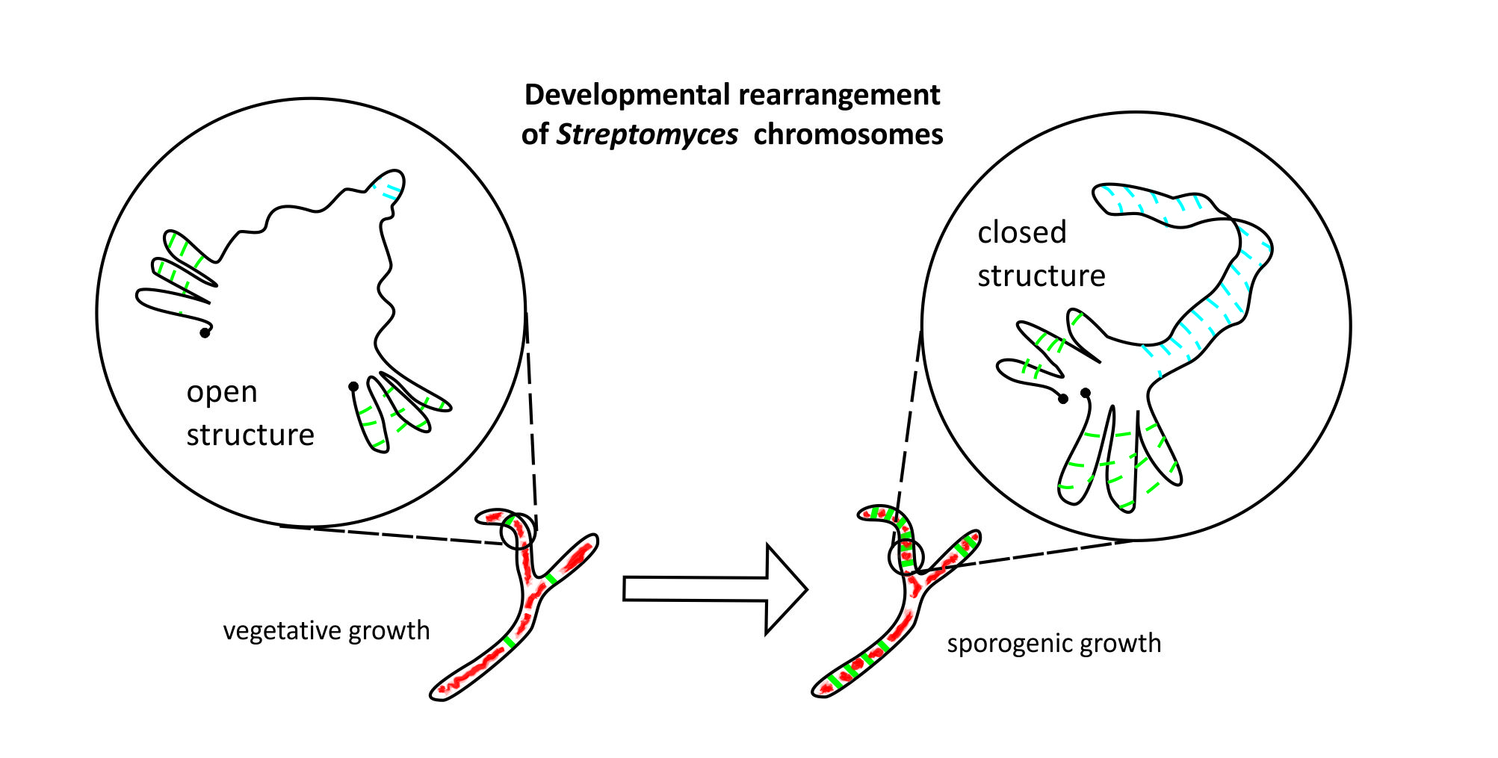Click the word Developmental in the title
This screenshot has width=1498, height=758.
pos(628,96)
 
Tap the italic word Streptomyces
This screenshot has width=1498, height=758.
pos(647,135)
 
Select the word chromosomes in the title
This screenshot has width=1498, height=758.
pos(848,135)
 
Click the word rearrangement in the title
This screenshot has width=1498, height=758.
pos(839,96)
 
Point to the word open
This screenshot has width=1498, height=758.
pos(222,393)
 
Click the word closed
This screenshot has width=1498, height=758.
pos(1021,233)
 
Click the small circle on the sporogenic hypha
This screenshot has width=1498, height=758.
pos(906,557)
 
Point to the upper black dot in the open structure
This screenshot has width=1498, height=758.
pos(205,333)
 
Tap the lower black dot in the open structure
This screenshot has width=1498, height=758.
pos(353,387)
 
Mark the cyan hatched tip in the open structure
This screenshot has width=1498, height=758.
pos(390,187)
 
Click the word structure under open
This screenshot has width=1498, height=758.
pos(250,435)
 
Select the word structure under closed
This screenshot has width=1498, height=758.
pos(1041,276)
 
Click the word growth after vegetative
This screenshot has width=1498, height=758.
pos(389,631)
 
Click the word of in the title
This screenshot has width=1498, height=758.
pos(535,135)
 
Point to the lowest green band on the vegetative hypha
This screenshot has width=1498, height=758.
pos(510,641)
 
